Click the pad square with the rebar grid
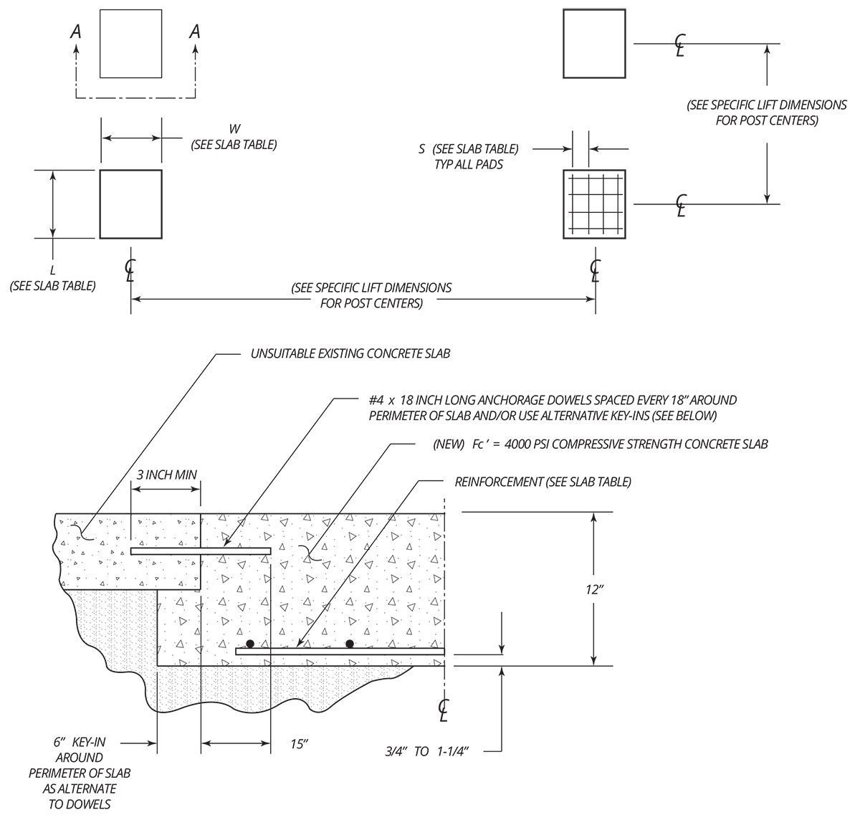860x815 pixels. click(594, 204)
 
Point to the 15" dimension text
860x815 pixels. click(300, 745)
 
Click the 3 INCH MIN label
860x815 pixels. click(166, 474)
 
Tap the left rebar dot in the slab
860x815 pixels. click(251, 643)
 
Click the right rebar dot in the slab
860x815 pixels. click(350, 643)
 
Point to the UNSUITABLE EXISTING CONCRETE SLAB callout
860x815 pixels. click(350, 353)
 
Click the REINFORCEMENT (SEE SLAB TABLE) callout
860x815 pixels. click(543, 482)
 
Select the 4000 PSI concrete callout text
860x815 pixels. click(601, 444)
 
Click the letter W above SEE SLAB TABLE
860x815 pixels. click(234, 129)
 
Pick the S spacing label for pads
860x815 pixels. click(422, 149)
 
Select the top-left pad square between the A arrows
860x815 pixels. click(130, 44)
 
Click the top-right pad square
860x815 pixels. click(594, 44)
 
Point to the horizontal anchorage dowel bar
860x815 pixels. click(201, 551)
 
